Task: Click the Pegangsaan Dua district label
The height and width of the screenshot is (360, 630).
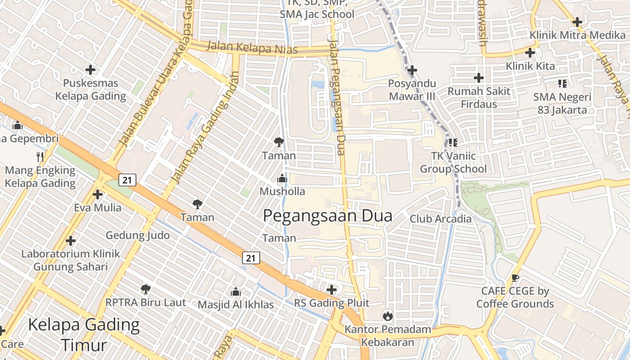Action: (327, 216)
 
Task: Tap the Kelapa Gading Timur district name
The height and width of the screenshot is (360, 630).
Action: (84, 335)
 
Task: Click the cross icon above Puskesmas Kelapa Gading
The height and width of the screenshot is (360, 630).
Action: (90, 70)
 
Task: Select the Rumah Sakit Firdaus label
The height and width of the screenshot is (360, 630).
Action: (479, 98)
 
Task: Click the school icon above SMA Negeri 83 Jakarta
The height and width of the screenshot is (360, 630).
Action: (562, 83)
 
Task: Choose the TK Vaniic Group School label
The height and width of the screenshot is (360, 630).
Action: (453, 162)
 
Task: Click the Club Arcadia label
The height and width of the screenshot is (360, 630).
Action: (441, 219)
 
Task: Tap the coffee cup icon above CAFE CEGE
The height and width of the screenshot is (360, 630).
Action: (515, 278)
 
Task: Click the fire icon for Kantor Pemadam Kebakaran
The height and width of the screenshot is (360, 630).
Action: (387, 316)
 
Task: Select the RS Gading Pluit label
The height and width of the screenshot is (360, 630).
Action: (332, 303)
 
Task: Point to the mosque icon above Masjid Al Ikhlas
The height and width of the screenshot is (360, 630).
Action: (235, 292)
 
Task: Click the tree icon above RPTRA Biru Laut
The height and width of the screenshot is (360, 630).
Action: (145, 289)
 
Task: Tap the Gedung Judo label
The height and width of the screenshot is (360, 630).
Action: (138, 235)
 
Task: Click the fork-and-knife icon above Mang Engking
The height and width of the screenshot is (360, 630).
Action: (40, 157)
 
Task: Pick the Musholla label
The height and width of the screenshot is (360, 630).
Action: (282, 192)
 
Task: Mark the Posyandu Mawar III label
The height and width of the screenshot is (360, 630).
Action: (412, 90)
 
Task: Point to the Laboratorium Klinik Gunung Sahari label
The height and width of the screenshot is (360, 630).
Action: (71, 260)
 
